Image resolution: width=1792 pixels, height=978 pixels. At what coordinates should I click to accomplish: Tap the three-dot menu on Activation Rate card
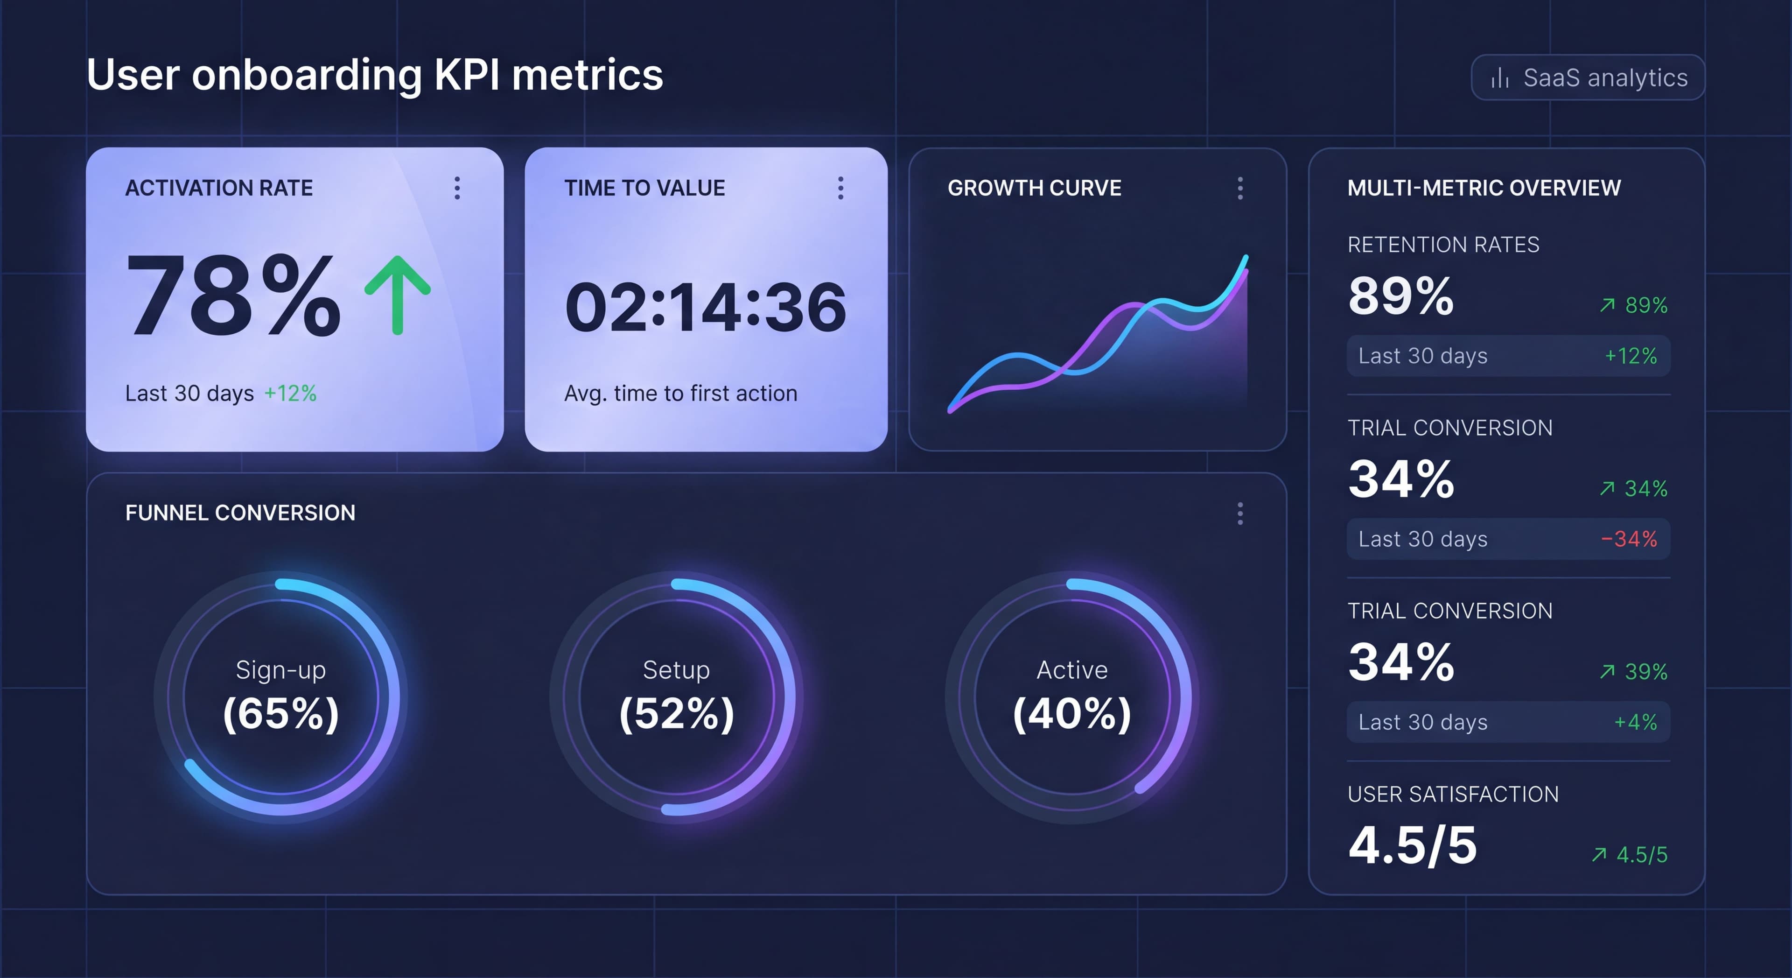click(x=457, y=188)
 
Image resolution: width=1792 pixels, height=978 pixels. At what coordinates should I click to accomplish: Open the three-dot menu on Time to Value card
click(x=840, y=188)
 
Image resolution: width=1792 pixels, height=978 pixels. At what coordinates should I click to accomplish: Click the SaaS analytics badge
click(x=1588, y=77)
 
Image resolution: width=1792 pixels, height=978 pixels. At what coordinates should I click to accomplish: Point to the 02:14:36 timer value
click(x=706, y=307)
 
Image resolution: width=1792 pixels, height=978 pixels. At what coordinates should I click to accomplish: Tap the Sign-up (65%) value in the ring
click(x=281, y=713)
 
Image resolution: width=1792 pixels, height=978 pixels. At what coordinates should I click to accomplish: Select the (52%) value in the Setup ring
click(x=676, y=713)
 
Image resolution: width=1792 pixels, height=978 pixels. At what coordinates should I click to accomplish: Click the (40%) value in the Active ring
click(x=1072, y=713)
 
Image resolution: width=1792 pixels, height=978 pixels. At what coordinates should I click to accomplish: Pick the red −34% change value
click(x=1629, y=539)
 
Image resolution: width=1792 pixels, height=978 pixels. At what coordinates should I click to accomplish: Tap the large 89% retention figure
click(x=1400, y=296)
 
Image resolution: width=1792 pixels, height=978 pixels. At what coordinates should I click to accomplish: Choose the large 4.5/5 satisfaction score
click(x=1412, y=845)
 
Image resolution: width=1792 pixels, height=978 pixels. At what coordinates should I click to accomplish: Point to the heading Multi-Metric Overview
click(x=1484, y=188)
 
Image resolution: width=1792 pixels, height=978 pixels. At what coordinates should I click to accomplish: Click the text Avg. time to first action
click(x=680, y=393)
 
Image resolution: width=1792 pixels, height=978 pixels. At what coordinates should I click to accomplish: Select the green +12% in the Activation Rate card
click(x=290, y=393)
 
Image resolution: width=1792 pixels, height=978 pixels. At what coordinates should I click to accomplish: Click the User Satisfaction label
click(x=1453, y=794)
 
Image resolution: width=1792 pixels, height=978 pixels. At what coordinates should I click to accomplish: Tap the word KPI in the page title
click(x=467, y=75)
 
